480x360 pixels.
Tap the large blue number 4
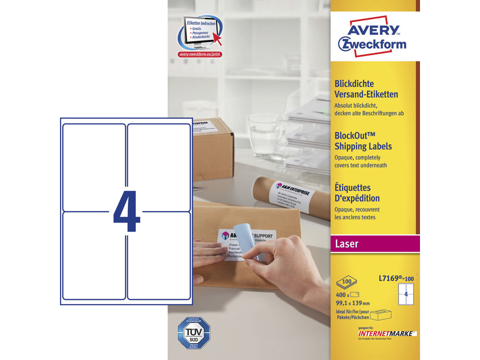click(127, 211)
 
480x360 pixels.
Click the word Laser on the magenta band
click(347, 244)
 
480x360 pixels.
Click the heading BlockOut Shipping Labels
click(363, 141)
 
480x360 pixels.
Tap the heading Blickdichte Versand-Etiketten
click(366, 89)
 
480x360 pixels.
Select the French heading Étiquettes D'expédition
click(357, 193)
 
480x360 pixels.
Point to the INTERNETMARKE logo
click(384, 333)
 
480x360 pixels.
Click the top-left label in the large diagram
click(94, 167)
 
